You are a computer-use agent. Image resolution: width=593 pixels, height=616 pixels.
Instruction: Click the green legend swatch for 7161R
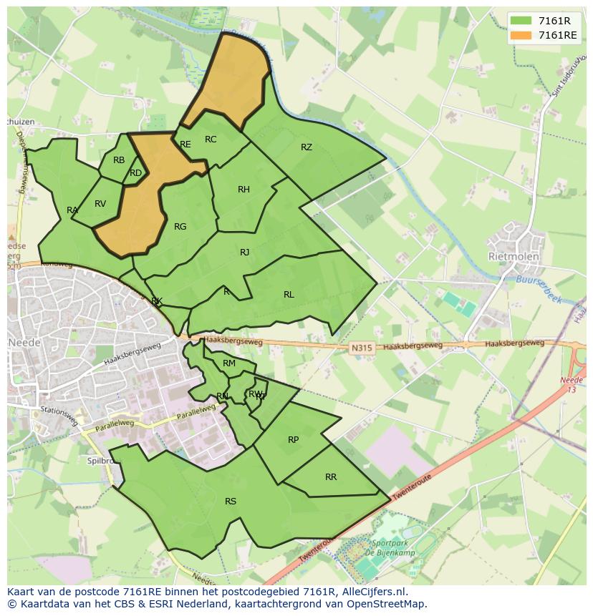521,20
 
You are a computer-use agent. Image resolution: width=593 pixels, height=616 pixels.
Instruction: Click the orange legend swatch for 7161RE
521,35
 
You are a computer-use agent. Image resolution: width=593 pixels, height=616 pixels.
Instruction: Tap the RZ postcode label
307,147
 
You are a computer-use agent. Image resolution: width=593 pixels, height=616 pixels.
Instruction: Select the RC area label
211,140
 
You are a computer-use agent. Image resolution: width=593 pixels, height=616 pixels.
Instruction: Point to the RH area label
244,190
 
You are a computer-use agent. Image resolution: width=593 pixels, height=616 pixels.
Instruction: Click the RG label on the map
180,227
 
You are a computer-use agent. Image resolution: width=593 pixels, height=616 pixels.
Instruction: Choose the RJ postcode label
245,252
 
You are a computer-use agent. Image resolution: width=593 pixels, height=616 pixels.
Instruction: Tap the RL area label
289,295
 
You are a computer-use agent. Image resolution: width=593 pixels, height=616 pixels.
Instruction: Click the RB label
119,160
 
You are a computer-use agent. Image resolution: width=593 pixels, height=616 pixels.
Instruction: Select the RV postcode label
100,204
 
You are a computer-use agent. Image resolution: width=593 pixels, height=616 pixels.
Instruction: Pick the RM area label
229,363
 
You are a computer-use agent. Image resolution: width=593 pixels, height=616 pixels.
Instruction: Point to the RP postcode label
293,440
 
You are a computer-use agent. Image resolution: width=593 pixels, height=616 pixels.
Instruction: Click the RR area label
331,477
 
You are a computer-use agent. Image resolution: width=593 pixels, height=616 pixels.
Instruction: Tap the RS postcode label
231,502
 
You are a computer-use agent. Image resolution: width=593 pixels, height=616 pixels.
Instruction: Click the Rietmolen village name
514,256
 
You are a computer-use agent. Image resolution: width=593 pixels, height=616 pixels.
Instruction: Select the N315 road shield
362,348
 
